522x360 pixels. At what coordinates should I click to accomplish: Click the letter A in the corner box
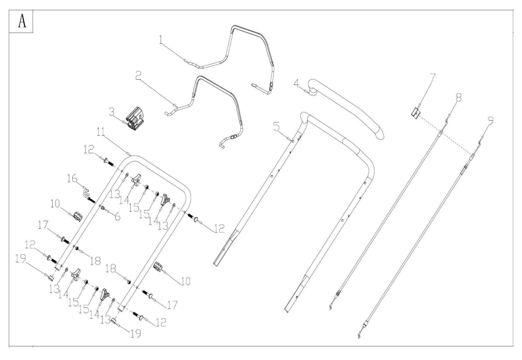click(x=22, y=21)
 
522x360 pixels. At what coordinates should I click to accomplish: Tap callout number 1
click(x=162, y=40)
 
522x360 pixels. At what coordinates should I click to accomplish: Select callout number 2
click(x=138, y=76)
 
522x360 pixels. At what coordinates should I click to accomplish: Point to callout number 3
click(x=112, y=112)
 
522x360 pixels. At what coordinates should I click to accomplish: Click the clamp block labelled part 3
click(x=136, y=119)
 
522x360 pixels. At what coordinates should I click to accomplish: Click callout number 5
click(x=277, y=126)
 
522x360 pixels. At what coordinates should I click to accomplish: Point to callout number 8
click(x=459, y=98)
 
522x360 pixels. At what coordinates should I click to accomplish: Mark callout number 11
click(x=101, y=132)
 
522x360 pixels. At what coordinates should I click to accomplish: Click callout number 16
click(x=72, y=178)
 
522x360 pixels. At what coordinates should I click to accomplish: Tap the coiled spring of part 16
click(x=86, y=194)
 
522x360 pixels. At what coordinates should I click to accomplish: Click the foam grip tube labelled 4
click(x=346, y=107)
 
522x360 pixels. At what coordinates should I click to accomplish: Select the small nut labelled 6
click(x=103, y=208)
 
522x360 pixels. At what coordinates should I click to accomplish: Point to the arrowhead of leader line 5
click(x=292, y=141)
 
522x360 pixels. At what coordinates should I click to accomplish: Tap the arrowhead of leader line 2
click(x=175, y=106)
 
